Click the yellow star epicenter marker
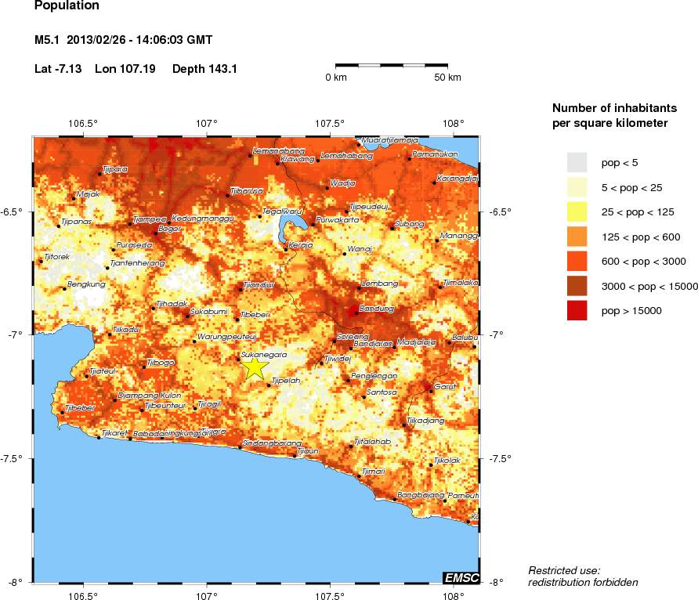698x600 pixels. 255,367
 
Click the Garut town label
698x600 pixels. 444,386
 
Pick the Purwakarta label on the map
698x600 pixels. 337,220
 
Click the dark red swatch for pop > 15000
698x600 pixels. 577,311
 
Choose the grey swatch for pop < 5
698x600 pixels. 577,162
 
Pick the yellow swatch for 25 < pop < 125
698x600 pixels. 577,211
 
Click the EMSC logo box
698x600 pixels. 461,577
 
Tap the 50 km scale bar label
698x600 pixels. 448,78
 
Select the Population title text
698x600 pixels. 67,6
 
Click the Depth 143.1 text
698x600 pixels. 204,69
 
